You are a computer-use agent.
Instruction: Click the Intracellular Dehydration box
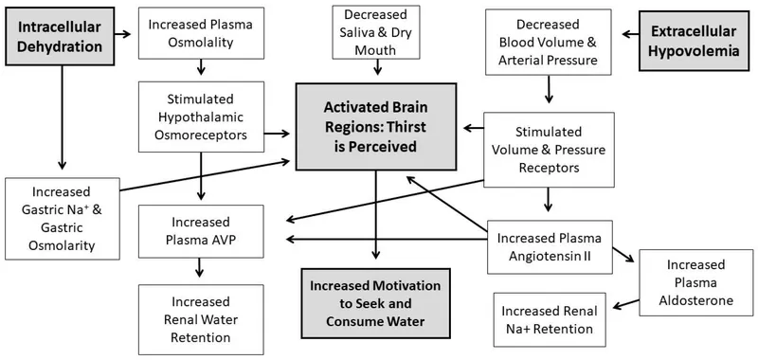59,35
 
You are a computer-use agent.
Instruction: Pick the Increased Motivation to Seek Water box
377,301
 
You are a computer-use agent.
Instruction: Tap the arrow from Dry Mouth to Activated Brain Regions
378,68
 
